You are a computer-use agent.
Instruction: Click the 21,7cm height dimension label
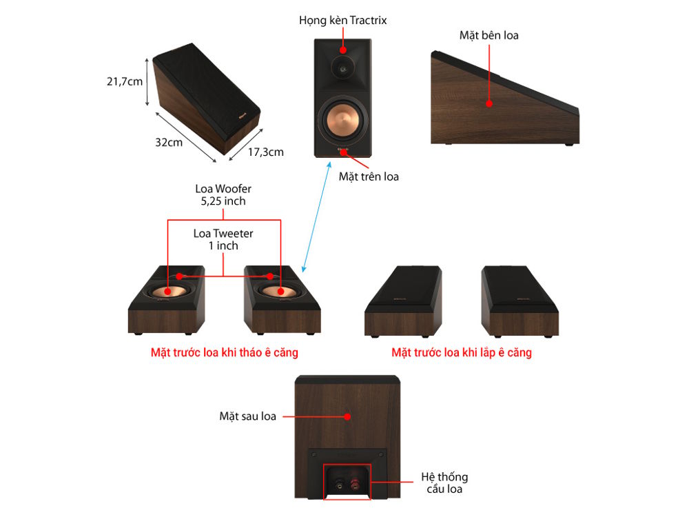tap(125, 82)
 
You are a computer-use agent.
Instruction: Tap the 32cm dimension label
tap(169, 143)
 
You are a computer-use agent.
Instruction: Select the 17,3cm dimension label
tap(266, 152)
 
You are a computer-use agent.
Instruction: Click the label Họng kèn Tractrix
tap(342, 21)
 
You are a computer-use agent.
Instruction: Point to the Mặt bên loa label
tap(489, 36)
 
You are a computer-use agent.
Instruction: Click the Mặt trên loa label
tap(369, 176)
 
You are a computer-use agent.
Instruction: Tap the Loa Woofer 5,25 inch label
tap(223, 195)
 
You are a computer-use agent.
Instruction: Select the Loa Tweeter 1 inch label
tap(223, 240)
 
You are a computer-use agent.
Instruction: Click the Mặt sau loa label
tap(248, 416)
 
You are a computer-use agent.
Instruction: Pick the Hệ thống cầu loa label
tap(444, 483)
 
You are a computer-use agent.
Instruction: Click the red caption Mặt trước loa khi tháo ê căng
tap(225, 352)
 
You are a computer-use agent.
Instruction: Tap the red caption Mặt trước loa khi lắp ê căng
tap(462, 352)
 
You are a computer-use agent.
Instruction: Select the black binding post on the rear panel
tap(339, 485)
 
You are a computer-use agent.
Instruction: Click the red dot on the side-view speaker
tap(489, 104)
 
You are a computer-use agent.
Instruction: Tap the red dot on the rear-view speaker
tap(347, 416)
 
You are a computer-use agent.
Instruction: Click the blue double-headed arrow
tap(316, 216)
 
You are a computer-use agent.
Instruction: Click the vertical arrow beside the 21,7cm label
tap(147, 82)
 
